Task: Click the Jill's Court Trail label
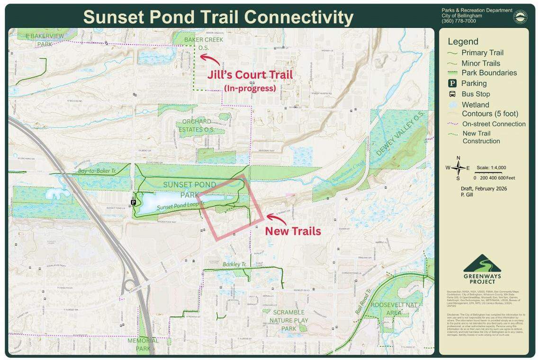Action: pos(250,75)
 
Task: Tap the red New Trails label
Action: pos(293,231)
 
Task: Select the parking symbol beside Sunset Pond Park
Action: pos(134,202)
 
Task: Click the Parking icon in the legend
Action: pos(452,83)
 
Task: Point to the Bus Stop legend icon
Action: pos(452,94)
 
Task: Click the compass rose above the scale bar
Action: pos(458,168)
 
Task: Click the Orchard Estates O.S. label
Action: pos(197,125)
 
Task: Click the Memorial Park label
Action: pos(143,344)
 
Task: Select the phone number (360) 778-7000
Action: pos(459,21)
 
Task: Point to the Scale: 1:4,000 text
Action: pos(491,168)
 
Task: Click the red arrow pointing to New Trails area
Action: pos(276,218)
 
